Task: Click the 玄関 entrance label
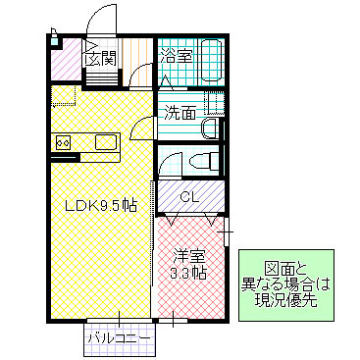pos(102,58)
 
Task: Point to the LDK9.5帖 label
pos(101,206)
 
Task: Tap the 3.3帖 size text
pos(187,272)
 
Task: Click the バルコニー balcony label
pos(118,336)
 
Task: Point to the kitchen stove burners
pos(63,143)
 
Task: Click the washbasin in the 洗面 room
pos(210,129)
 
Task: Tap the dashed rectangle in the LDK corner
pos(64,96)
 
